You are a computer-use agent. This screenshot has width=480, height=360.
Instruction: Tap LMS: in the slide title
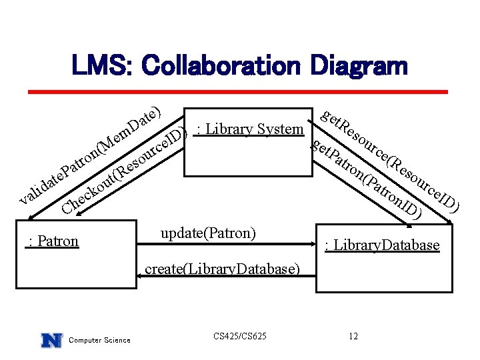(105, 65)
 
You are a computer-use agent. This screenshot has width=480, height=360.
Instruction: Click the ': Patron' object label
(52, 241)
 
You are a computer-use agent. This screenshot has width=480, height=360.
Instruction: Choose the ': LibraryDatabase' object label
(381, 245)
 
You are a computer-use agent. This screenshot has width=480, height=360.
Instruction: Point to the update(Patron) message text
(208, 233)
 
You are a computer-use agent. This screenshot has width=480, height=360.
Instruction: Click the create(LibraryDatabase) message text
(222, 269)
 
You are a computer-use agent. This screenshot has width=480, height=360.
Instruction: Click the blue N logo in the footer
(51, 340)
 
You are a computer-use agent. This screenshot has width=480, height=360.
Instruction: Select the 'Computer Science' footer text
(100, 341)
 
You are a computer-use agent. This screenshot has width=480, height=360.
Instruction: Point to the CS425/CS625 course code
(240, 336)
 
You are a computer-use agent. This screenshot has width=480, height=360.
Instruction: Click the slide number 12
(353, 336)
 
